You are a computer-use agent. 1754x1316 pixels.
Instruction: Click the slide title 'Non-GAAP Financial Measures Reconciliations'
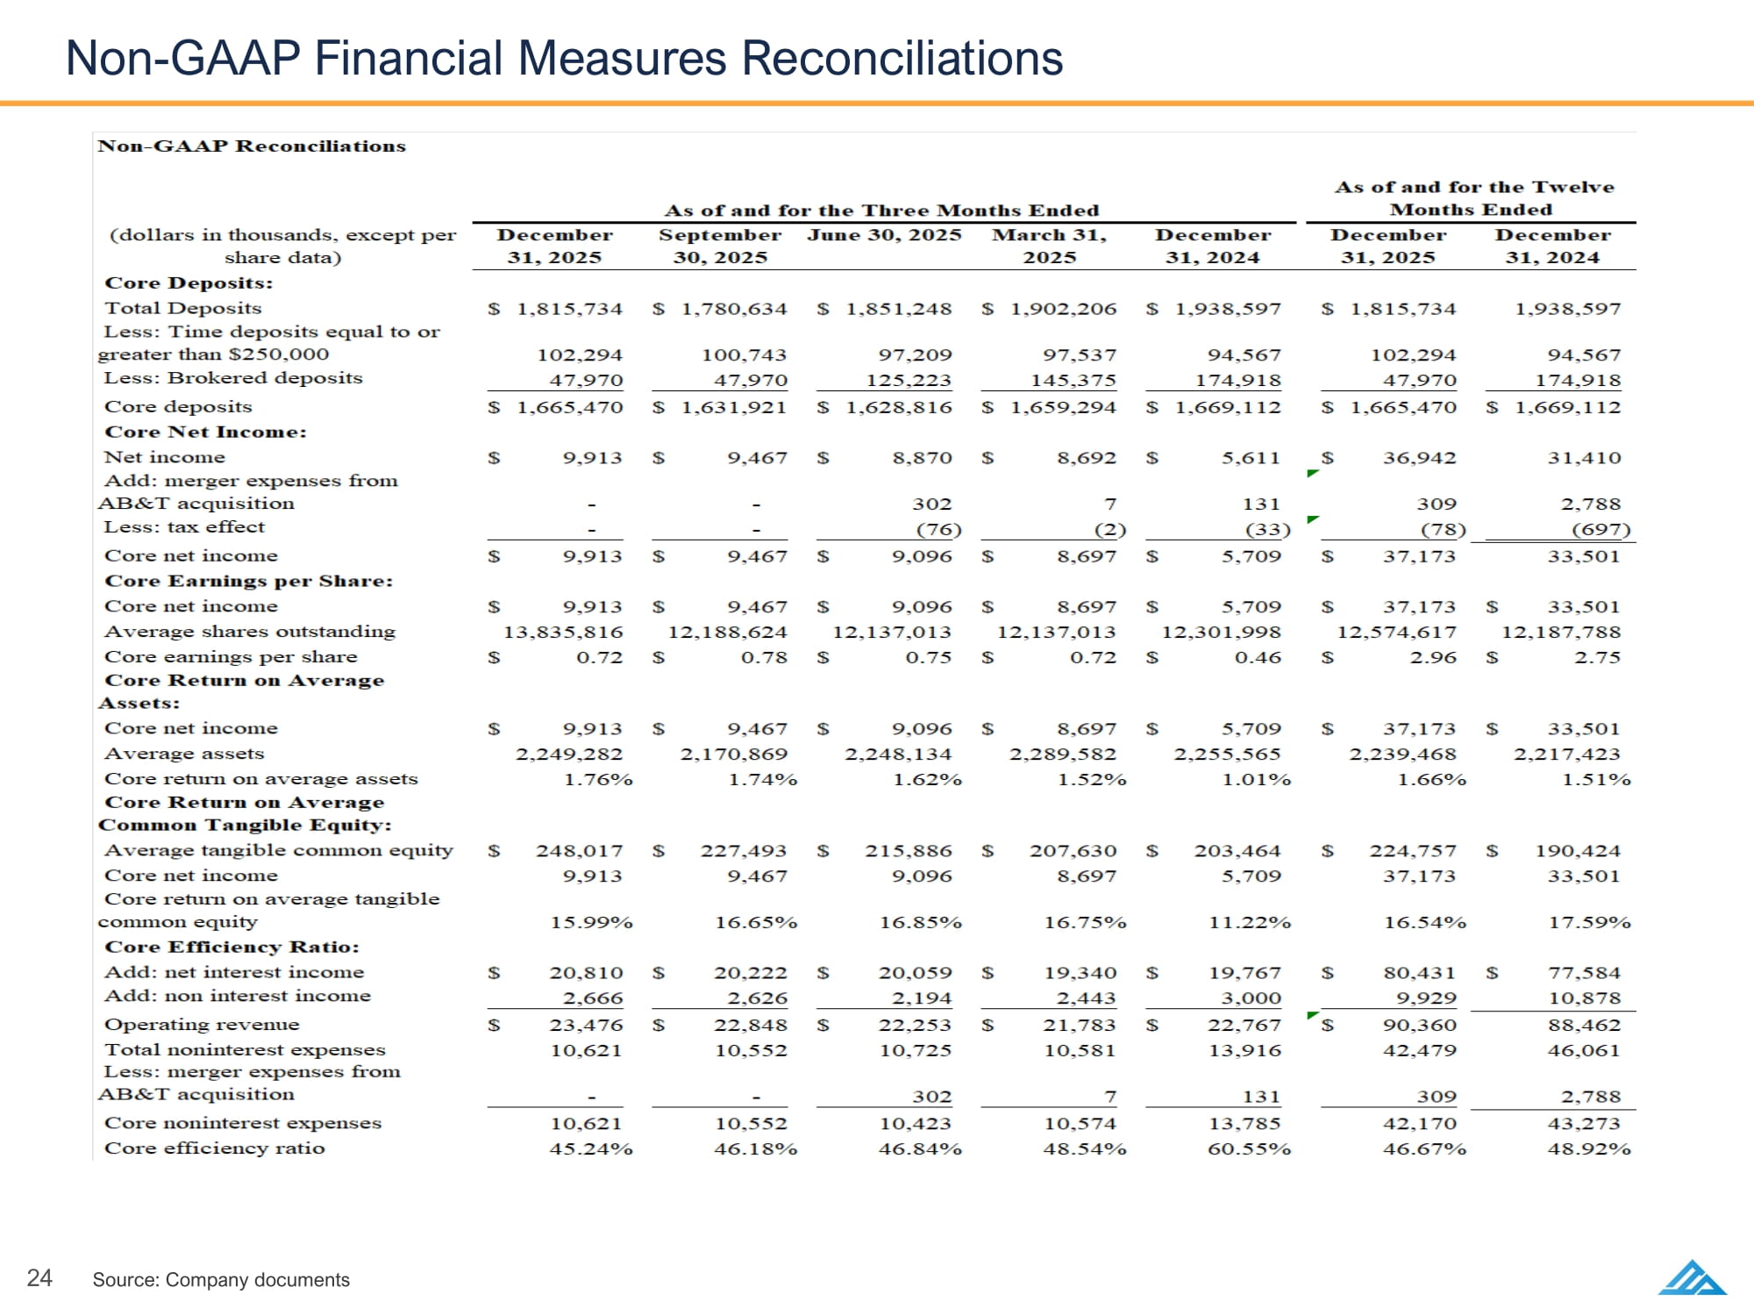(564, 59)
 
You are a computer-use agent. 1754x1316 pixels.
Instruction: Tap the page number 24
(39, 1277)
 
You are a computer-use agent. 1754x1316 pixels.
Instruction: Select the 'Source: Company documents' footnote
(221, 1280)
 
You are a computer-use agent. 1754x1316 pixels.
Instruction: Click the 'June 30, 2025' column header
(884, 235)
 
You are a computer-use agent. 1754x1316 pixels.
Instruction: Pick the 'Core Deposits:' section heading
(189, 283)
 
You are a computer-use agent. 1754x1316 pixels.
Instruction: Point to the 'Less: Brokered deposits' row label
(232, 378)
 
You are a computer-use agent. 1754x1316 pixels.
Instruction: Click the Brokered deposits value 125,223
(915, 380)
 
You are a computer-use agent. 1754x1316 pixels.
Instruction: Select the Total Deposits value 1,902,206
(1063, 309)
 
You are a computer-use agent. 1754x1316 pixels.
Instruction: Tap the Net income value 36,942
(1419, 458)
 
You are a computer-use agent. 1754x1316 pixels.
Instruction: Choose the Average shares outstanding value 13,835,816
(562, 632)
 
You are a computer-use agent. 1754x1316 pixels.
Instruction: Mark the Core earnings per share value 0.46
(1258, 657)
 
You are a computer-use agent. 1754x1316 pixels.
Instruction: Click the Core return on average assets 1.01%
(1256, 779)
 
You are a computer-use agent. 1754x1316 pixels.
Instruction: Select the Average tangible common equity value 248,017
(579, 851)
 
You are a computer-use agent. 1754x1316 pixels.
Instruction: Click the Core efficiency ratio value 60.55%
(1249, 1148)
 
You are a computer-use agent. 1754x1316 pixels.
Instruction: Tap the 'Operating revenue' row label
(202, 1025)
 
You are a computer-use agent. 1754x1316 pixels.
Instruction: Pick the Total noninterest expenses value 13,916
(1244, 1050)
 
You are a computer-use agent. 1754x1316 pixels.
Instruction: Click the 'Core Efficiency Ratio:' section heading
(232, 947)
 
